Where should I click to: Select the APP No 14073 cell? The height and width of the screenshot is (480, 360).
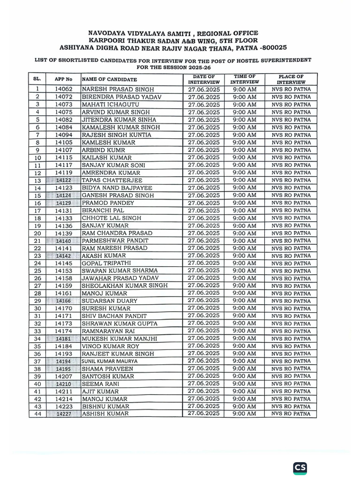[x=63, y=104]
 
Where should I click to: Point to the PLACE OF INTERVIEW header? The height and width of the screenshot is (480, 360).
[x=291, y=79]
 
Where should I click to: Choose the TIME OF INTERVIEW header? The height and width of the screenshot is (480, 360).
[x=244, y=79]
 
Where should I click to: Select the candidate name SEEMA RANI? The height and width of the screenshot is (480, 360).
[x=100, y=383]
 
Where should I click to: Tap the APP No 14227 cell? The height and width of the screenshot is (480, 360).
[x=63, y=414]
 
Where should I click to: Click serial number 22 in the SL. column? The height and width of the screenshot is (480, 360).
[x=37, y=248]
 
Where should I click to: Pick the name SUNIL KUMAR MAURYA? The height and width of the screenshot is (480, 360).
[x=110, y=361]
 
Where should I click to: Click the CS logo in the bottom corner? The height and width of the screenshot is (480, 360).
[x=300, y=468]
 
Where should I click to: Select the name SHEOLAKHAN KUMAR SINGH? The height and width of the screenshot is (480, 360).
[x=124, y=285]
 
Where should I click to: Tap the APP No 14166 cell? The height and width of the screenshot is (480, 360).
[x=63, y=301]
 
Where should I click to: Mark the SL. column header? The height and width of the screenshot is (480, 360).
[x=37, y=79]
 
